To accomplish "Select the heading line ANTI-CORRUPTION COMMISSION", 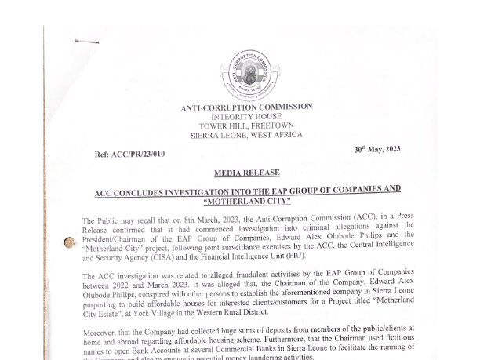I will tap(246, 107).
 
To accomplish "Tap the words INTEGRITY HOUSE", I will tap(246, 117).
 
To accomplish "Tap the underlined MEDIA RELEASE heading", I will tap(246, 173).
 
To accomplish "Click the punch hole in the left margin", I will tap(70, 243).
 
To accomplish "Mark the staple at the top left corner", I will tap(86, 42).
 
